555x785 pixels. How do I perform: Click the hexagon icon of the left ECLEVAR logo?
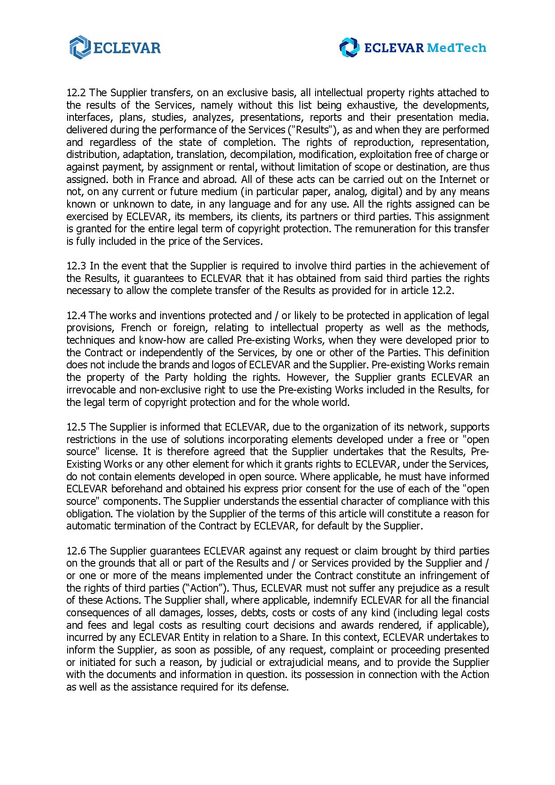[80, 47]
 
